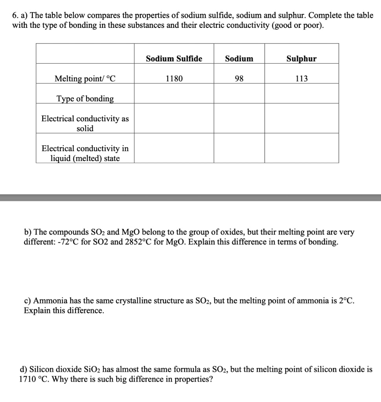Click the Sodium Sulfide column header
click(174, 59)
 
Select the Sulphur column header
click(301, 59)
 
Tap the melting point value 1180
click(174, 79)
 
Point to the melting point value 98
click(239, 79)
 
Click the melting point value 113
click(301, 79)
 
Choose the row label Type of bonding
click(85, 99)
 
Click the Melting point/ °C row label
click(85, 79)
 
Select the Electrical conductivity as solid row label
click(85, 123)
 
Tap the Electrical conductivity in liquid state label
click(85, 153)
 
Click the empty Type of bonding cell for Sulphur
click(301, 93)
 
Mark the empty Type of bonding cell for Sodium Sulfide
click(174, 93)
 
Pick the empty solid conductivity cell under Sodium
click(239, 118)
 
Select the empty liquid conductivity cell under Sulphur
click(301, 148)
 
